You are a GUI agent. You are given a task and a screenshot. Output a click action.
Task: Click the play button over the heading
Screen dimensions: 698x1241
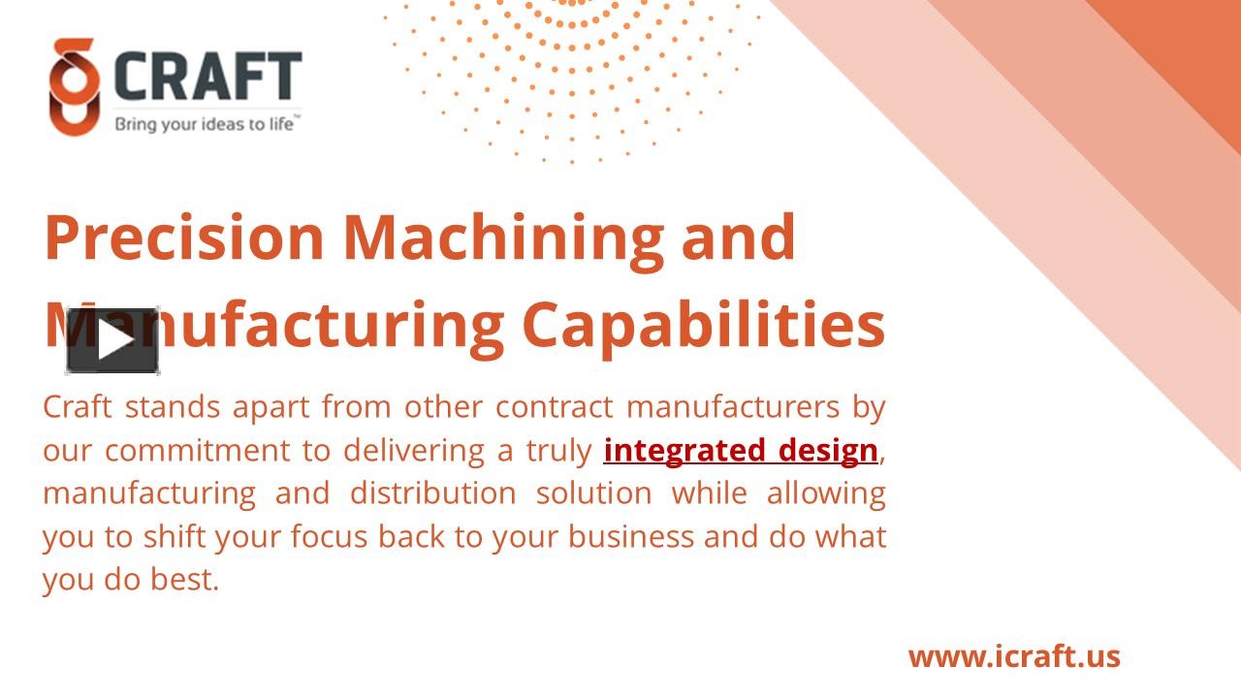click(x=113, y=340)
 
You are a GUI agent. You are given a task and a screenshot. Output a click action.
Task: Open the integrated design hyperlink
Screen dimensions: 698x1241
click(x=741, y=451)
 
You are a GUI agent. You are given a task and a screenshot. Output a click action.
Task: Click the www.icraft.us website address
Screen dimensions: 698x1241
click(x=1014, y=656)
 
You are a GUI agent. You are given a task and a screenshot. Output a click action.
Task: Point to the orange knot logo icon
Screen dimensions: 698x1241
click(x=74, y=87)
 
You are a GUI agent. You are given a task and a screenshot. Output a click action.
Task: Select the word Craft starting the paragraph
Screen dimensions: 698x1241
click(x=78, y=407)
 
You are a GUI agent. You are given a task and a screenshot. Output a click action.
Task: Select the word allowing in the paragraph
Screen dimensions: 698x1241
click(x=826, y=493)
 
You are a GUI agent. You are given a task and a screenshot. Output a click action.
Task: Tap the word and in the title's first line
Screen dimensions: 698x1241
click(x=739, y=238)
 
